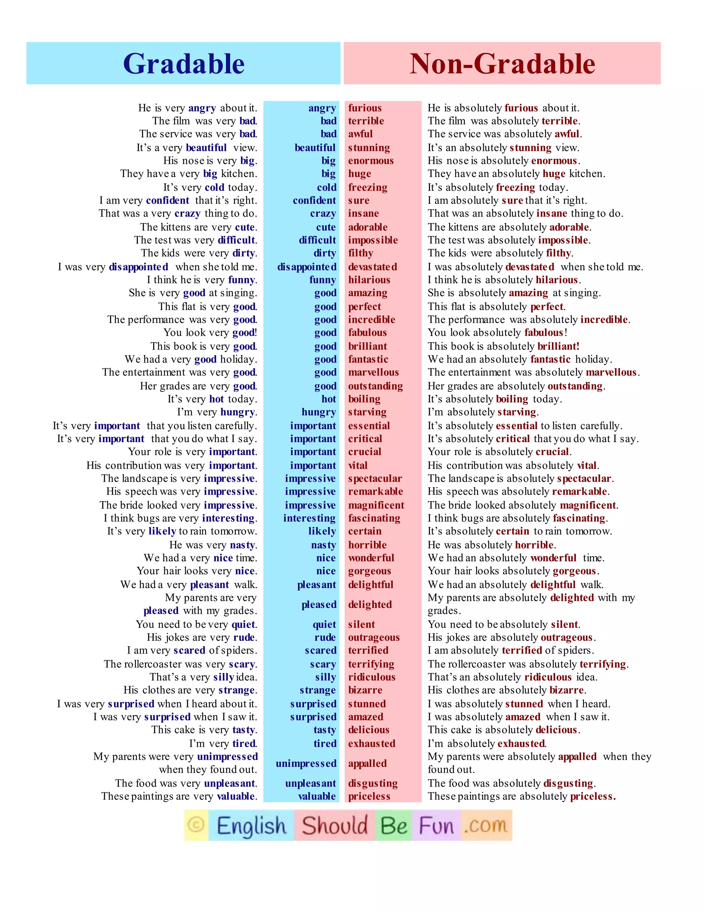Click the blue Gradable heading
[184, 64]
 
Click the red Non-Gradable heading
[502, 64]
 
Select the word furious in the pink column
[365, 108]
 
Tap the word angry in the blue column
[322, 108]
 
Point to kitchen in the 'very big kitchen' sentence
[239, 174]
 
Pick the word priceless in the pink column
[369, 796]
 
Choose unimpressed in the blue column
[306, 763]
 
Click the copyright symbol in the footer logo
[196, 825]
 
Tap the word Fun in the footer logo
[436, 825]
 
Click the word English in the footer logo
[252, 825]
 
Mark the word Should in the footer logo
[334, 825]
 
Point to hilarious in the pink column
[369, 280]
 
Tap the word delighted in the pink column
[370, 604]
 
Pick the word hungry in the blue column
[319, 412]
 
